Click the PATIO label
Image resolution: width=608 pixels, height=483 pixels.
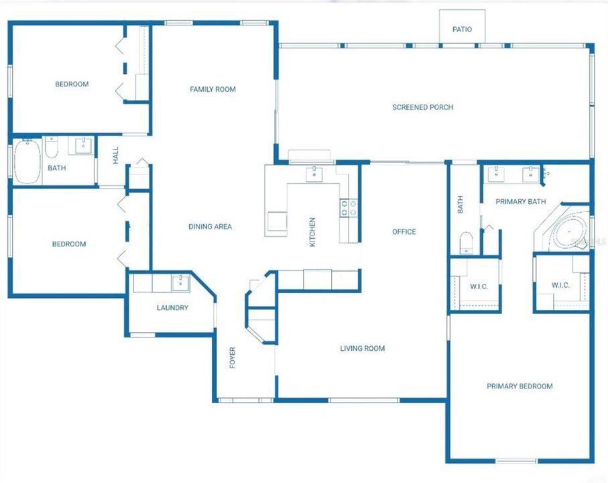coord(462,30)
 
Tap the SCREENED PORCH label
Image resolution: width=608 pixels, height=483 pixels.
coord(422,107)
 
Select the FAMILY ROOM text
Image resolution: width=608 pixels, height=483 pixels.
coord(212,89)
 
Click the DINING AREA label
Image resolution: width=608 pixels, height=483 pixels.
coord(210,227)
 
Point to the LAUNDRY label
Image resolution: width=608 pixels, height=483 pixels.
coord(172,308)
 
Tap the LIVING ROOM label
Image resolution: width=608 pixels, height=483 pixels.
coord(362,348)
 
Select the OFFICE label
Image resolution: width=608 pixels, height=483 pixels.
coord(404,232)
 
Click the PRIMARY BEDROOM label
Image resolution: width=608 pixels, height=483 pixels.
coord(520,386)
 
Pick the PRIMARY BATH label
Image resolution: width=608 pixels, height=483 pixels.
coord(520,201)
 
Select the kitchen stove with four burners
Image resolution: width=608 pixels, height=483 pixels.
coord(348,208)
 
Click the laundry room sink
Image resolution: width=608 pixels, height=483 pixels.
coord(180,283)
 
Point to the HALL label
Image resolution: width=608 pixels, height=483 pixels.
coord(116,156)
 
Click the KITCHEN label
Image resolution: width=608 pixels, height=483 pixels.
coord(312,231)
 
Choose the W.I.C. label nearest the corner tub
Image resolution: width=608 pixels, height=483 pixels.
coord(560,285)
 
